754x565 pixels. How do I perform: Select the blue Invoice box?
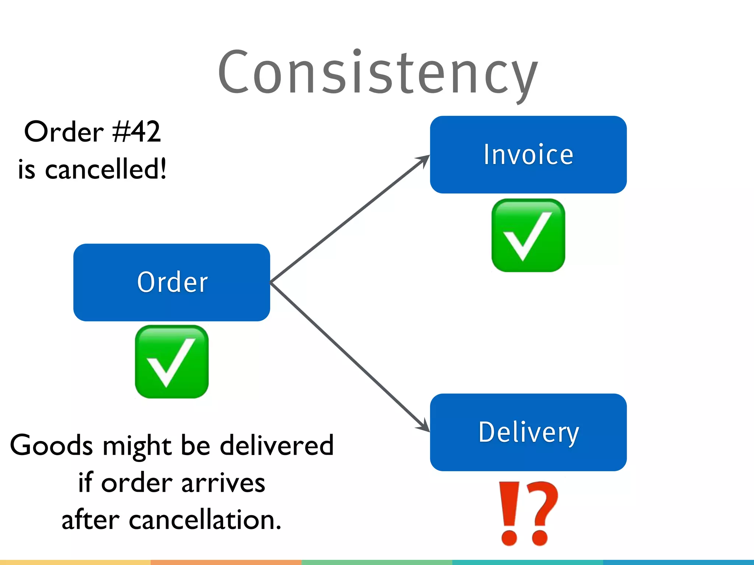(x=528, y=154)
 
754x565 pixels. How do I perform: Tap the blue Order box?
(x=172, y=282)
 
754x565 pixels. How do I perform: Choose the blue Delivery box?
(x=528, y=432)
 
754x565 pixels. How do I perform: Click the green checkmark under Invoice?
(x=528, y=235)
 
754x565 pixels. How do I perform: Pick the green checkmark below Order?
(x=172, y=362)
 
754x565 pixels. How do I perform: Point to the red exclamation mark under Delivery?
(x=510, y=513)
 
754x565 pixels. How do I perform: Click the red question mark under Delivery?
(x=541, y=513)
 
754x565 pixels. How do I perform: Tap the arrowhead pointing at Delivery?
(x=423, y=427)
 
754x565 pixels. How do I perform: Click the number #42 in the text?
(x=137, y=132)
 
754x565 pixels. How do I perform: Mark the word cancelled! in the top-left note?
(x=106, y=169)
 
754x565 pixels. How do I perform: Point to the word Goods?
(x=52, y=445)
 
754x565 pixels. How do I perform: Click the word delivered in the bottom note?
(x=276, y=445)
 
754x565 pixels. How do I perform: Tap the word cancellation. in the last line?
(x=205, y=520)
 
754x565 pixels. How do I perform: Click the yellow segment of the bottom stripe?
(x=75, y=562)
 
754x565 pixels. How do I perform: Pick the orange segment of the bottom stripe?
(x=226, y=562)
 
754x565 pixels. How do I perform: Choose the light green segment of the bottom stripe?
(x=377, y=562)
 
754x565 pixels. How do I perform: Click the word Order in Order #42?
(x=64, y=132)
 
